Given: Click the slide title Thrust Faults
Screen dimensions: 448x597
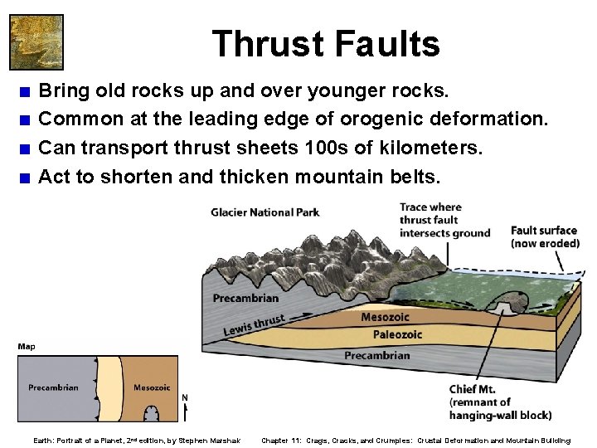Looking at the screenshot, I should [326, 43].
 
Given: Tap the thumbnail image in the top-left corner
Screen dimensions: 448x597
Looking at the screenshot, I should [36, 41].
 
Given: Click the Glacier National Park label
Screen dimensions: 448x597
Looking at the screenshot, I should [265, 213].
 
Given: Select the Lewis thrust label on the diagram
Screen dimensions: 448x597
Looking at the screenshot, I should [254, 326].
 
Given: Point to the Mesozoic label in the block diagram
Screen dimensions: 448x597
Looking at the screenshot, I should [385, 317].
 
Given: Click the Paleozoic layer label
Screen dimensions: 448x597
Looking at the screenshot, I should [397, 334].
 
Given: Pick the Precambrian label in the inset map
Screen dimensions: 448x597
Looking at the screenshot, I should [53, 387].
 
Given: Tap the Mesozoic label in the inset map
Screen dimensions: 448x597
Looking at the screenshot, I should [152, 387].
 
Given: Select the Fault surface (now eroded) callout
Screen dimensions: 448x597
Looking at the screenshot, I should [544, 236].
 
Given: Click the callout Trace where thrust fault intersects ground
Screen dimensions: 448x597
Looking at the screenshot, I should [444, 220].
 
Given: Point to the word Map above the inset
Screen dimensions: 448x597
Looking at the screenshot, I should [26, 347].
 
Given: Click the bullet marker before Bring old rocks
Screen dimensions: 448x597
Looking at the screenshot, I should [27, 90].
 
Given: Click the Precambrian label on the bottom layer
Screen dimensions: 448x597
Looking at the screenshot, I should [376, 355].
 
